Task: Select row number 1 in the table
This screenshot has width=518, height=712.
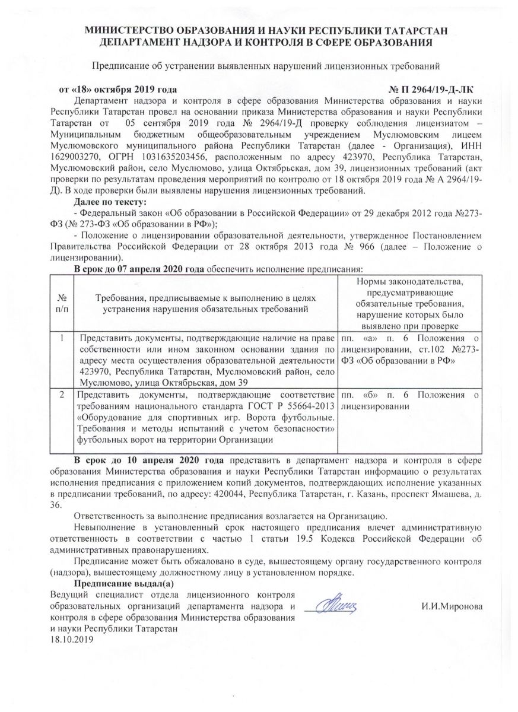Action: click(x=62, y=338)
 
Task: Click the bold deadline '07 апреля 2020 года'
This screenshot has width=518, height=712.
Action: click(x=158, y=269)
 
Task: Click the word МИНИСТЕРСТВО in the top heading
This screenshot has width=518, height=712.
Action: click(x=124, y=31)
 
